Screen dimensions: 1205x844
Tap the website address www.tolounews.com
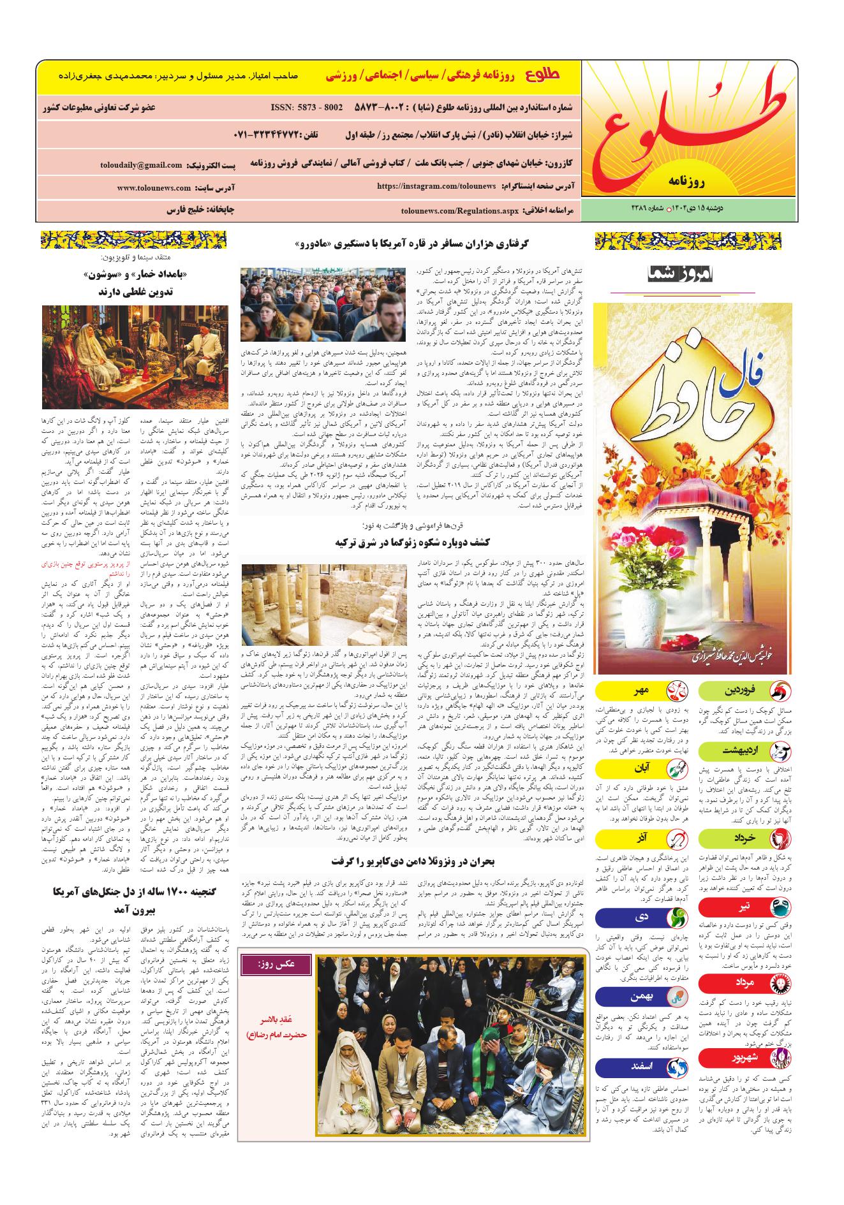(x=154, y=188)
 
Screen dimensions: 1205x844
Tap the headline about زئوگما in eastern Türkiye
(x=412, y=542)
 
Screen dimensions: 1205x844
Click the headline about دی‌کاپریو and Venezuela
(x=412, y=861)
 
